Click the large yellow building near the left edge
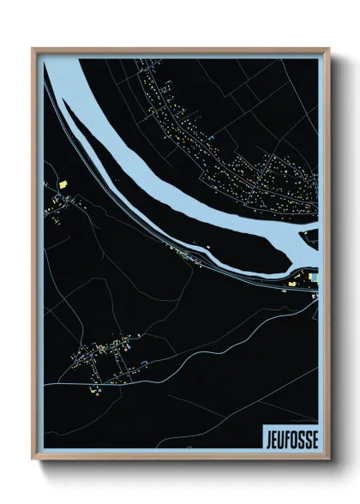(63, 183)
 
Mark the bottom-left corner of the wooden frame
(34, 461)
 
